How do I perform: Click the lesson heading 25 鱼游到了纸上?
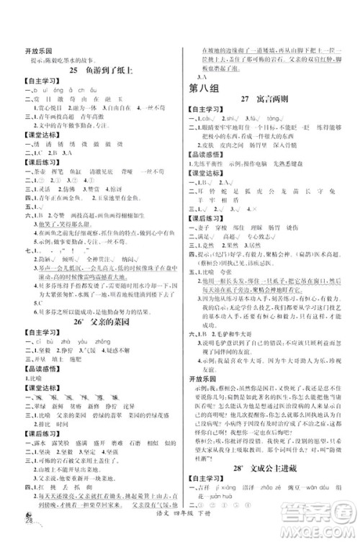pos(102,70)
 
